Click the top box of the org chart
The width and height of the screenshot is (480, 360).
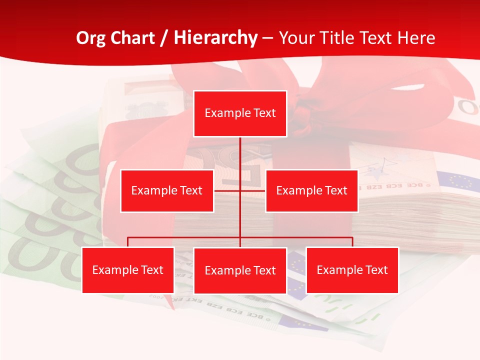tap(240, 113)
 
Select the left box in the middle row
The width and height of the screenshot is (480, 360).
tap(167, 190)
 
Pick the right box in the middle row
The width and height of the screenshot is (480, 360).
tap(311, 190)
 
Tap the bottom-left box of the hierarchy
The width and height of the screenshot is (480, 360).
tap(128, 270)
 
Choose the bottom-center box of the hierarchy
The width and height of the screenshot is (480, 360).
tap(240, 270)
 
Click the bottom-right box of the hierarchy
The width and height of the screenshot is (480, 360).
tap(352, 270)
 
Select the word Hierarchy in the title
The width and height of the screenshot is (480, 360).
tap(215, 38)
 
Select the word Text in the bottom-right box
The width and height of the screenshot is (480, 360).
tap(376, 270)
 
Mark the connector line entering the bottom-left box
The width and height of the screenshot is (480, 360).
tap(128, 242)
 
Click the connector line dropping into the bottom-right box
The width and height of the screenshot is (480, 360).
tap(352, 242)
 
